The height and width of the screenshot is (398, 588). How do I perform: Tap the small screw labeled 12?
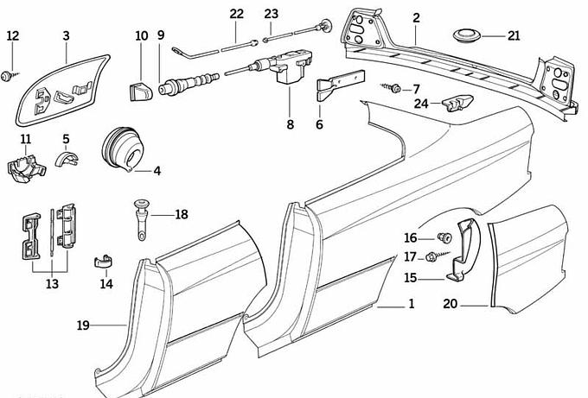[x=9, y=76]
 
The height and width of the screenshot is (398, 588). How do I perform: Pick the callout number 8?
[x=290, y=124]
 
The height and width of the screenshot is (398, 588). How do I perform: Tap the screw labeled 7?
[x=394, y=88]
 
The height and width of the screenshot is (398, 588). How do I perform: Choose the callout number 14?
[x=106, y=282]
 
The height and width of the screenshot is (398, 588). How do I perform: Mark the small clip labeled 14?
[x=104, y=257]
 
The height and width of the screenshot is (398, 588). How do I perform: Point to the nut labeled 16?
[x=443, y=237]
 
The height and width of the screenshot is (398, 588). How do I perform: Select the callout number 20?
[x=450, y=304]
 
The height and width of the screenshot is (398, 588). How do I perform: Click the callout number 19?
[x=82, y=325]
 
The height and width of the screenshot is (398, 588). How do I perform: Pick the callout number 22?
[x=237, y=14]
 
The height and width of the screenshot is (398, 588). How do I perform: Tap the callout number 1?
[x=411, y=304]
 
